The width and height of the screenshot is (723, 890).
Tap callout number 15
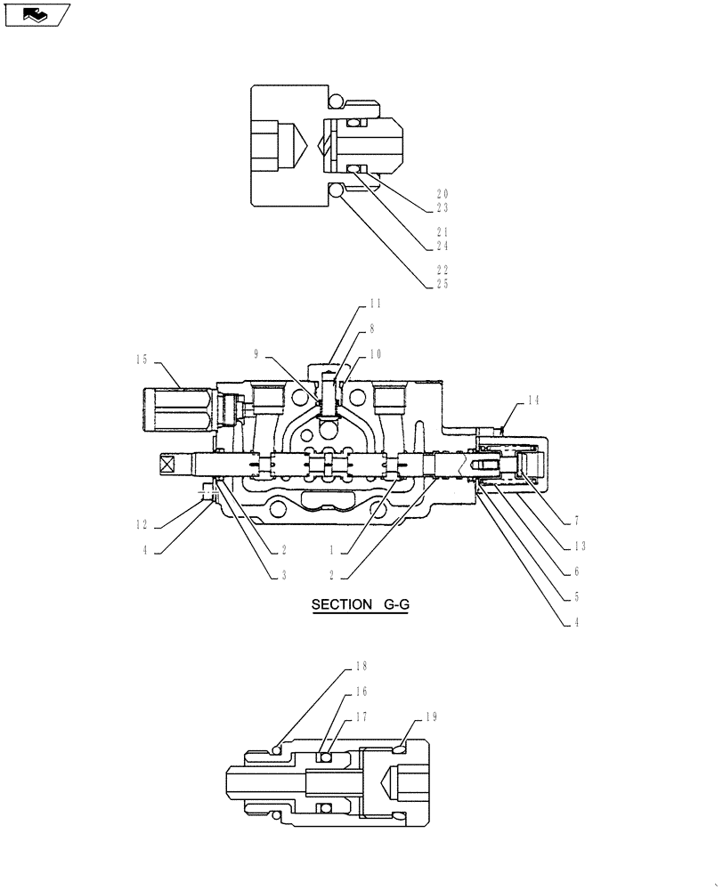pos(142,360)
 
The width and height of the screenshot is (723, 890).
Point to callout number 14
pos(532,400)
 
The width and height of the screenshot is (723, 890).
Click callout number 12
pos(142,524)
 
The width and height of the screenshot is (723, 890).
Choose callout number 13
pos(579,546)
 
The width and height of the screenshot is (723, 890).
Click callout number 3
pos(283,575)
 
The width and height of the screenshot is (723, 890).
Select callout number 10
pos(375,353)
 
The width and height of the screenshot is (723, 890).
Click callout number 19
pos(432,716)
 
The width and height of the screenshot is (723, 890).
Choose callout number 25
pos(442,284)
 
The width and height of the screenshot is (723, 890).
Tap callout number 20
pos(442,193)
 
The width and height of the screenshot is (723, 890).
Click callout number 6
pos(577,571)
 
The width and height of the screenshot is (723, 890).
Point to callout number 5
pos(577,597)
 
